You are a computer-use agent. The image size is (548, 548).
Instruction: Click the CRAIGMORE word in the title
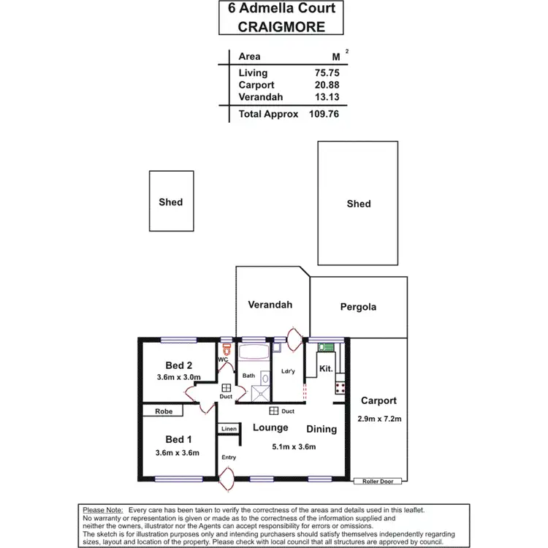pyautogui.click(x=281, y=26)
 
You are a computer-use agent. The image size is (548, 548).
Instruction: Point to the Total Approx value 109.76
pyautogui.click(x=322, y=114)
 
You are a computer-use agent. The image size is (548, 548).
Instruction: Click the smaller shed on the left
pyautogui.click(x=171, y=202)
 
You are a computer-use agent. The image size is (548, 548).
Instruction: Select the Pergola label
pyautogui.click(x=358, y=307)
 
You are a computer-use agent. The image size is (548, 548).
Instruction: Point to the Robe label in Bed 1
pyautogui.click(x=164, y=412)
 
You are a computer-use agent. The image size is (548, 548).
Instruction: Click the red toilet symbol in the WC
pyautogui.click(x=227, y=349)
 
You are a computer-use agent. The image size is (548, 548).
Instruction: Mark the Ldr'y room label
pyautogui.click(x=288, y=371)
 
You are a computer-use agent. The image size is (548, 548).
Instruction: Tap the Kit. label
pyautogui.click(x=326, y=369)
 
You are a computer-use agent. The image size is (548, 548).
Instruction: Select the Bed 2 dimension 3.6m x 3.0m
pyautogui.click(x=179, y=378)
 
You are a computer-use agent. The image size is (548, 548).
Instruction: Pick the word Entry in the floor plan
pyautogui.click(x=229, y=457)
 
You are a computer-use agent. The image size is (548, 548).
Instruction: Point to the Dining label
pyautogui.click(x=321, y=429)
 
